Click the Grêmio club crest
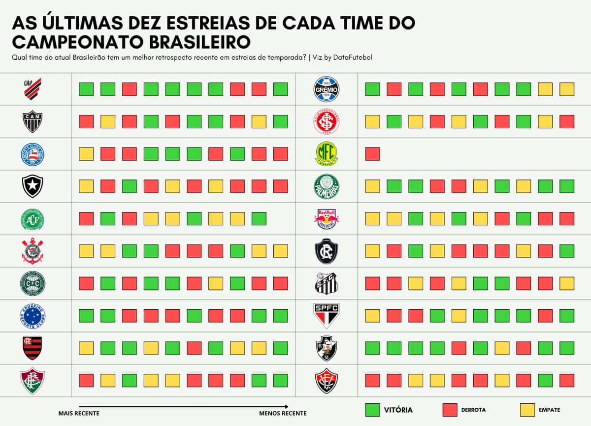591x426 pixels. coord(327,89)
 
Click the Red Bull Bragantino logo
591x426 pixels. coord(327,218)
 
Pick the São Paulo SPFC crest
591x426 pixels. coord(327,316)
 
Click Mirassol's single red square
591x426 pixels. coord(372,154)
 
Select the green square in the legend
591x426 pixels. coord(372,410)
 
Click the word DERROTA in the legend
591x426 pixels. coord(473,410)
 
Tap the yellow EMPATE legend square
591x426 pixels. coord(527,410)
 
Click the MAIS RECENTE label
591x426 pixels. coord(79,413)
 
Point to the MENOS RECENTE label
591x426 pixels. coord(283,413)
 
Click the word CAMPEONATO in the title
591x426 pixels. coord(74,41)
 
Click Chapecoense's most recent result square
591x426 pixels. coord(86,218)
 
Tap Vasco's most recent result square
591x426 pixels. coord(372,348)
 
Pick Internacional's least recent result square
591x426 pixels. coord(567,121)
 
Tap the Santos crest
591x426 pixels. coord(327,283)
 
